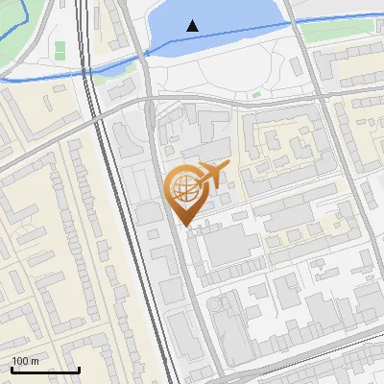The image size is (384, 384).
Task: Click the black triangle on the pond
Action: point(194,26)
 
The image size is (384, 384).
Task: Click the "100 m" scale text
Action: point(26,361)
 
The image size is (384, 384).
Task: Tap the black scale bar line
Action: point(45,370)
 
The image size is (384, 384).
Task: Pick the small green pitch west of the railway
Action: point(60,48)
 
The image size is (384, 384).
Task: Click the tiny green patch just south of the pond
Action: point(256,95)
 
